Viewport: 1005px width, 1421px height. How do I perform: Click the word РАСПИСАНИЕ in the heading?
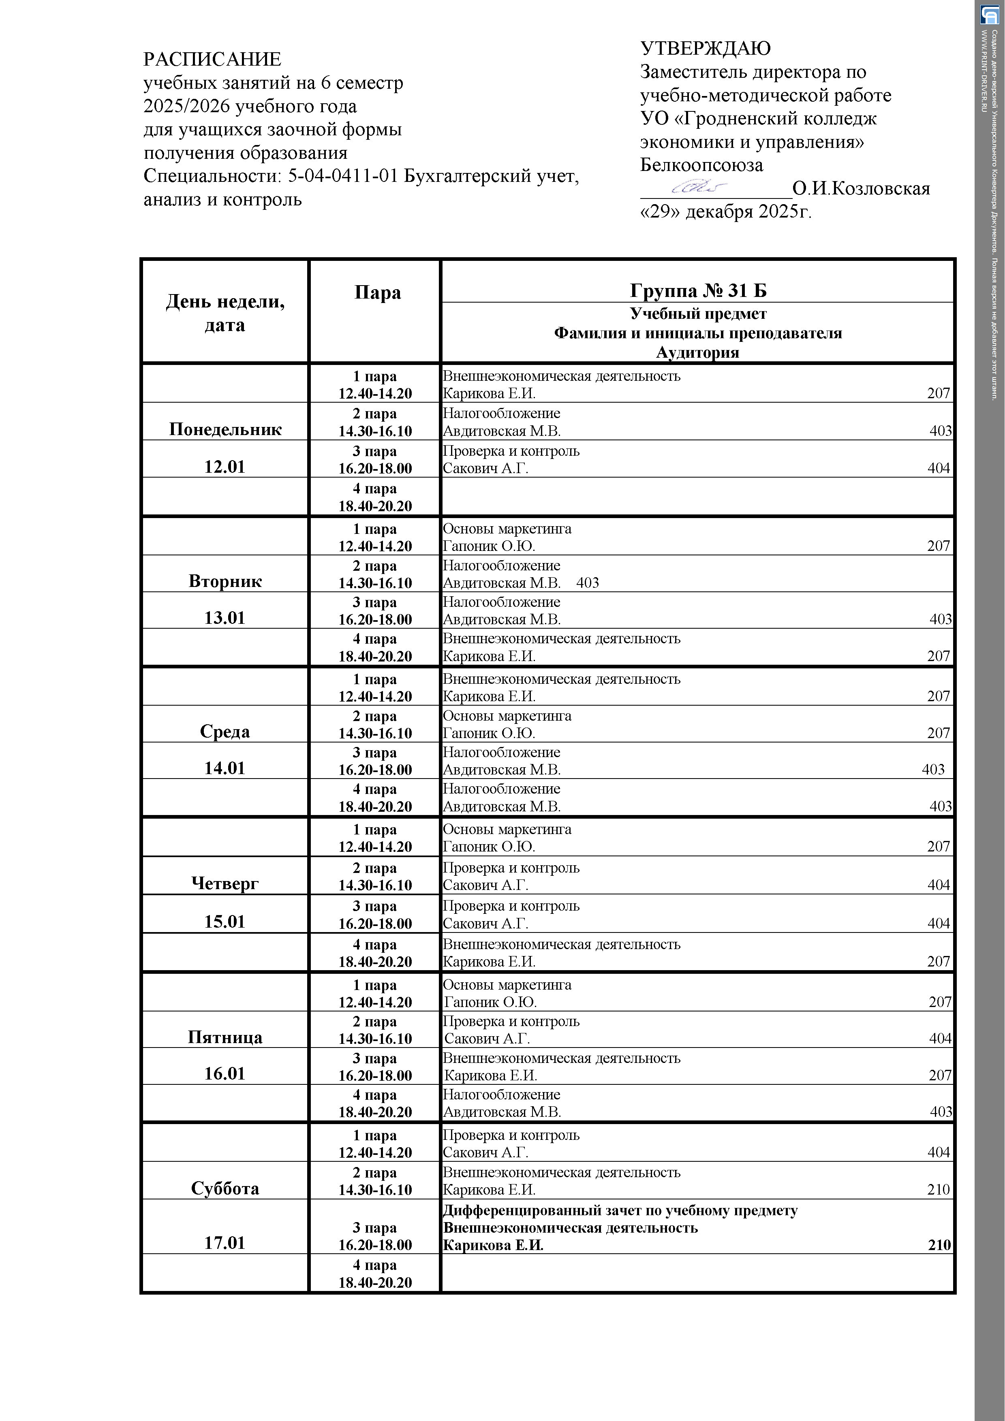coord(212,60)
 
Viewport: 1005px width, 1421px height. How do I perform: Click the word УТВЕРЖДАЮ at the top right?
coord(705,48)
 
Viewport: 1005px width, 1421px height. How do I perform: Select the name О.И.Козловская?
coord(861,188)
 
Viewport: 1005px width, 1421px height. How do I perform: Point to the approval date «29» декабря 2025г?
coord(725,212)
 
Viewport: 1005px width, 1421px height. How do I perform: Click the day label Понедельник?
coord(225,429)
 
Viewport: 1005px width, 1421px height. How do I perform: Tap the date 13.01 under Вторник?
coord(225,618)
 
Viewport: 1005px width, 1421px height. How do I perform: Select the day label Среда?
coord(225,732)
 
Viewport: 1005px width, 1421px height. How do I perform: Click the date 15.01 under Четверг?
coord(225,922)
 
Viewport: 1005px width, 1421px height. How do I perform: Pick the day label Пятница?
coord(225,1037)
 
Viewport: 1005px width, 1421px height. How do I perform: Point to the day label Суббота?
coord(225,1188)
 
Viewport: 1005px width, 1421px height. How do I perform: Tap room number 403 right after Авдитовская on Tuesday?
coord(587,583)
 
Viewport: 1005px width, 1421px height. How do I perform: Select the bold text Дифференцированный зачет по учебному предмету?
coord(620,1211)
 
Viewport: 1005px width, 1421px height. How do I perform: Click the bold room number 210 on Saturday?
coord(939,1245)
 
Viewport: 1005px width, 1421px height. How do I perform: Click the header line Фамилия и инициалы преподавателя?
coord(697,334)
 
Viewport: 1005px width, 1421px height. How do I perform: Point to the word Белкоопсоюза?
coord(701,165)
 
